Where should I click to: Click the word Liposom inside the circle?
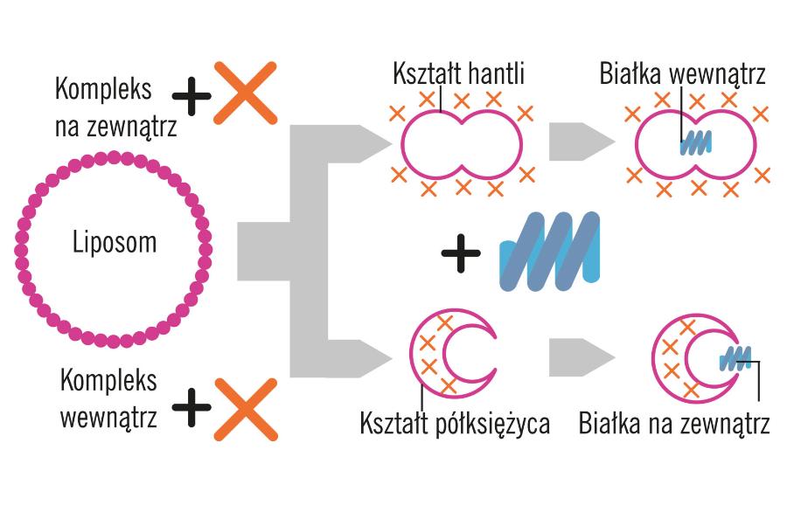coord(115,242)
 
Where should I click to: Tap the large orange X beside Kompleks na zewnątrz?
coord(246,91)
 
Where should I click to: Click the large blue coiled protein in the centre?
coord(549,251)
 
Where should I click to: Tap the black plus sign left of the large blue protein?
coord(461,253)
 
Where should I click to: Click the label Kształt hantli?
coord(459,74)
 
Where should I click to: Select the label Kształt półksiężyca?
coord(455,425)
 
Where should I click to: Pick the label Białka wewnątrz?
coord(683,74)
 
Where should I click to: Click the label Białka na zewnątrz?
coord(673,425)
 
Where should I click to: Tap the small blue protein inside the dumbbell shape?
coord(695,142)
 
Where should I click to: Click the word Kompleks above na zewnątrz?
coord(103,88)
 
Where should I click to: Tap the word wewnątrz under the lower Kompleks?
coord(109,417)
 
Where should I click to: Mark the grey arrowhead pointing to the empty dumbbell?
coord(378,141)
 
